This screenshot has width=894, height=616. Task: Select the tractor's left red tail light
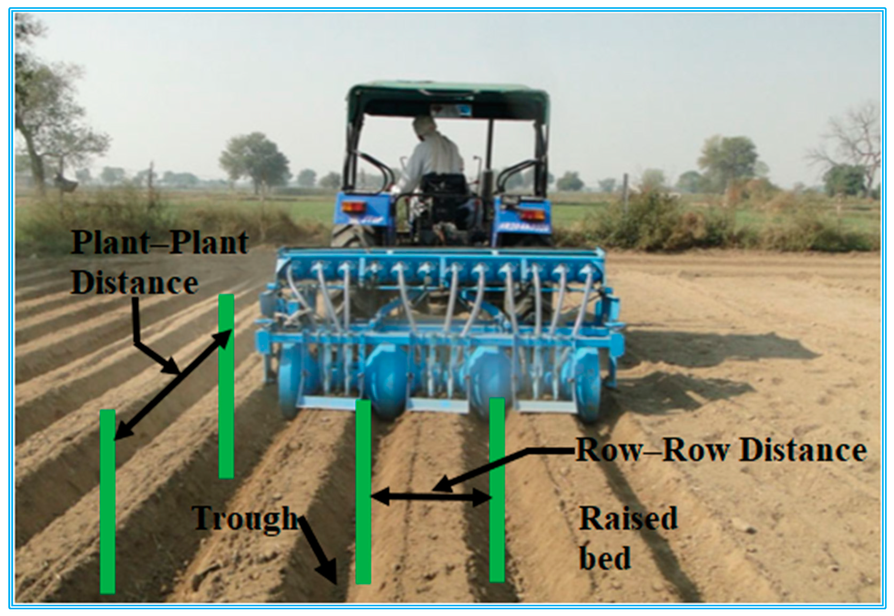(x=353, y=206)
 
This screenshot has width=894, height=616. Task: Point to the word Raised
(x=628, y=518)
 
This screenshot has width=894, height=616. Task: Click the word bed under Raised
(x=605, y=558)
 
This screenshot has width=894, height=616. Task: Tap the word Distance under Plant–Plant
(x=134, y=282)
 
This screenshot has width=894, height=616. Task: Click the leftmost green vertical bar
(x=107, y=502)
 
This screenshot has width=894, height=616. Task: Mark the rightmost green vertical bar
(x=497, y=490)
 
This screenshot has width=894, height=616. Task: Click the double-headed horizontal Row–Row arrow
(x=430, y=498)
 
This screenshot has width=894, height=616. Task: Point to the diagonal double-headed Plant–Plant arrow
(x=174, y=384)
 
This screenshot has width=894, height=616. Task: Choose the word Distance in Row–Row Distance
(x=803, y=451)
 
